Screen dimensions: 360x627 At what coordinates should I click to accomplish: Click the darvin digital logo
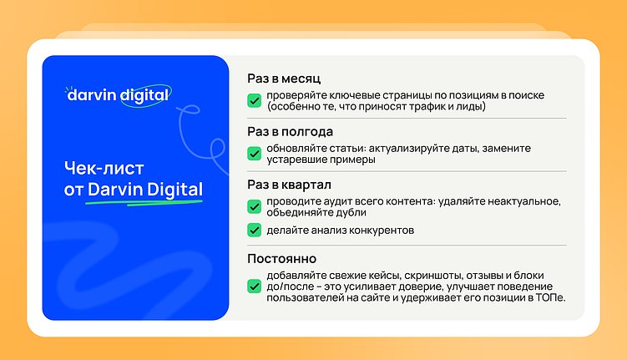tap(119, 94)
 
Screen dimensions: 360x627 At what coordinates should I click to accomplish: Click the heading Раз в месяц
tap(279, 79)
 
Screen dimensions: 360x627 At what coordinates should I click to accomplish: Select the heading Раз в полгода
tap(290, 132)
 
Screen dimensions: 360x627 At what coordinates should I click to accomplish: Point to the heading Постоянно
tap(281, 259)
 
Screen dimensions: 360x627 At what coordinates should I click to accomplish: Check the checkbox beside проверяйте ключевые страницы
tap(254, 101)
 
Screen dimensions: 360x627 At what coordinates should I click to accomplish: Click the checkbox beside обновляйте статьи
tap(254, 154)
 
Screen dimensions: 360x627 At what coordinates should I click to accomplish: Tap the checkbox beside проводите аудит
tap(254, 206)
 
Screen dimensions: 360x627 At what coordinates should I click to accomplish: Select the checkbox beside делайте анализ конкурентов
tap(254, 230)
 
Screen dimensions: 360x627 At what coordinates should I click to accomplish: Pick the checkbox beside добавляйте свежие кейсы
tap(254, 286)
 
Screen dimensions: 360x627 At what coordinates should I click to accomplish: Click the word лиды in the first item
tap(467, 107)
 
